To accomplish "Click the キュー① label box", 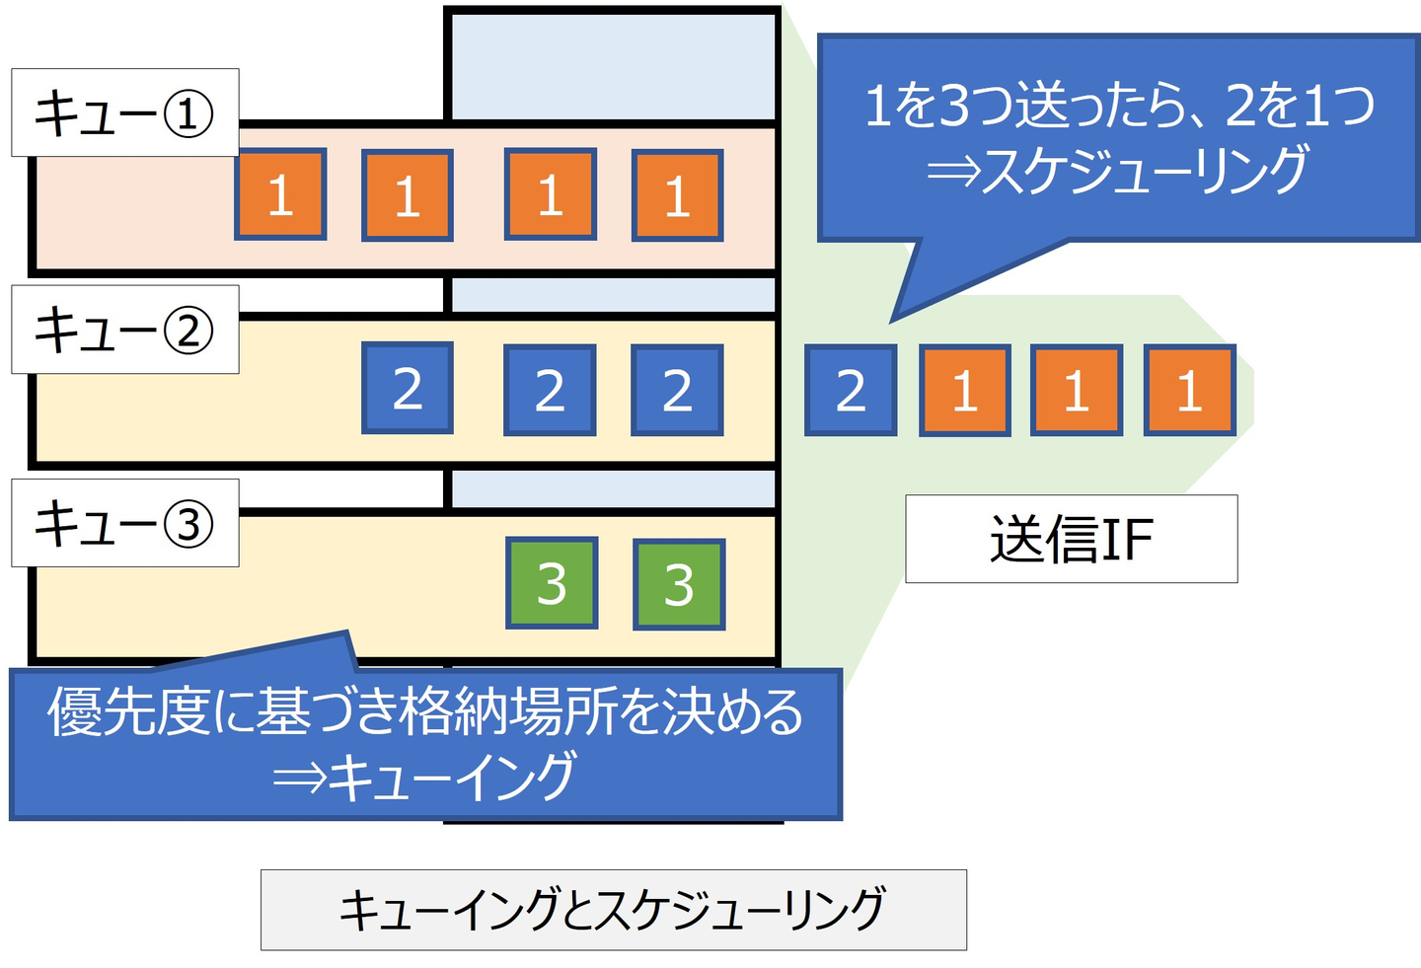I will point(124,112).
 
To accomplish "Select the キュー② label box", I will point(124,330).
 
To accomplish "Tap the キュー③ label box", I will point(124,523).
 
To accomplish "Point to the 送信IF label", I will point(1071,539).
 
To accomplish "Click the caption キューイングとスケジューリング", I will point(613,910).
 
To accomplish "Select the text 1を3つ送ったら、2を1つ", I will point(1118,106).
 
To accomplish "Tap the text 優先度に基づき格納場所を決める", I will point(425,712).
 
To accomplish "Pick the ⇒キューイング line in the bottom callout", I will point(425,777).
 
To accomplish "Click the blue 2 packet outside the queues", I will point(851,391).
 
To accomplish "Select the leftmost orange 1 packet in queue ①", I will point(281,194).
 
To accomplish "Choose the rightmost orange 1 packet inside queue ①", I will point(678,195).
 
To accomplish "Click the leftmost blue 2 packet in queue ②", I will point(408,388).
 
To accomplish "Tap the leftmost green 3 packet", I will point(552,583).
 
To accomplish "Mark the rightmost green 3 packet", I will point(679,584).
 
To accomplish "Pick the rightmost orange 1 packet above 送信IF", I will point(1189,390).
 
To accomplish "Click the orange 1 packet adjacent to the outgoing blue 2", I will point(965,391).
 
